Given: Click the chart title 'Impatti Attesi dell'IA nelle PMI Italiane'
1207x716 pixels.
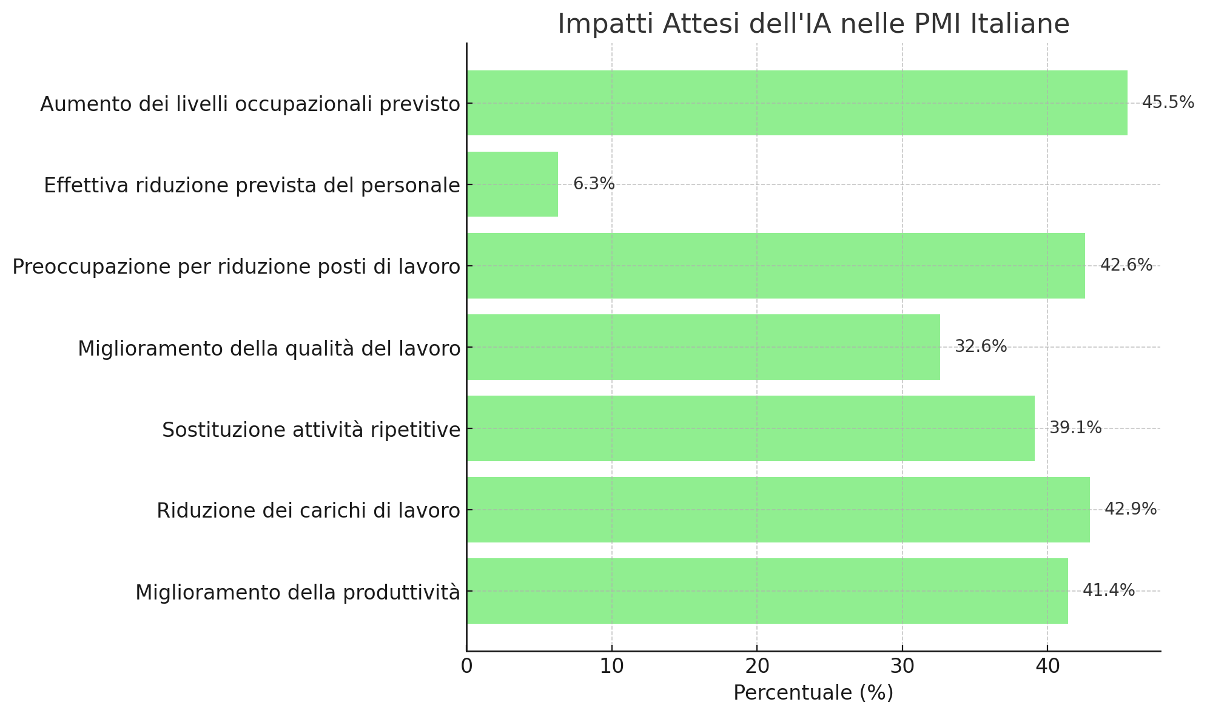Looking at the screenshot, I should (813, 24).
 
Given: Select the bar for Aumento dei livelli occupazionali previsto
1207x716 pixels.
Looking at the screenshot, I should (797, 103).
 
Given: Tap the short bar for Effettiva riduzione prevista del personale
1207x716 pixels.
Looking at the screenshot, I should (513, 184).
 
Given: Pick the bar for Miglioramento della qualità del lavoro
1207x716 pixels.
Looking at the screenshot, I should (704, 347).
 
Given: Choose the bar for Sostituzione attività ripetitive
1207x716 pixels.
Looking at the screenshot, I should (751, 428).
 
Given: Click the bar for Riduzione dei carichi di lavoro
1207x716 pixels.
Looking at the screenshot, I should (778, 510).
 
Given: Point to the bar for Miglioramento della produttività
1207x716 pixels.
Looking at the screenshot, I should (767, 591).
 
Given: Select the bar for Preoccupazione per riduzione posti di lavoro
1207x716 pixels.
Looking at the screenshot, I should (776, 266).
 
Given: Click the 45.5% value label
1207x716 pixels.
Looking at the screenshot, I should (1168, 103).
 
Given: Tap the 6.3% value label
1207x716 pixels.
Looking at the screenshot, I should (594, 184).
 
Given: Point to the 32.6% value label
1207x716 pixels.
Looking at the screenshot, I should (980, 347).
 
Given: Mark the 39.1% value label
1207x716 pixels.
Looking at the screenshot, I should (1075, 428).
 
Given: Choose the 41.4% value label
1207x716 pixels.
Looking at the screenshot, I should (1108, 591).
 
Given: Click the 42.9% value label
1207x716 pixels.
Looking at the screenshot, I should (1130, 510).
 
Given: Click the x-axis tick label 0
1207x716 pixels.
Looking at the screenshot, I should (466, 666).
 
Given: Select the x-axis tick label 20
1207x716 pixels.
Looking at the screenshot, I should (757, 666).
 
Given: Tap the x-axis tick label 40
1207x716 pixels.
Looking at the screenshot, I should (1047, 666).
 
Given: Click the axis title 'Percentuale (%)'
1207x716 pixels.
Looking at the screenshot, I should (813, 693).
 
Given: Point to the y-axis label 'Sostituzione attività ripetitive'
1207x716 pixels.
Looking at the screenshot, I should (311, 430).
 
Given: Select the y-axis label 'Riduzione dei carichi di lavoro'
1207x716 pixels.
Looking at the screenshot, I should (308, 511).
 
